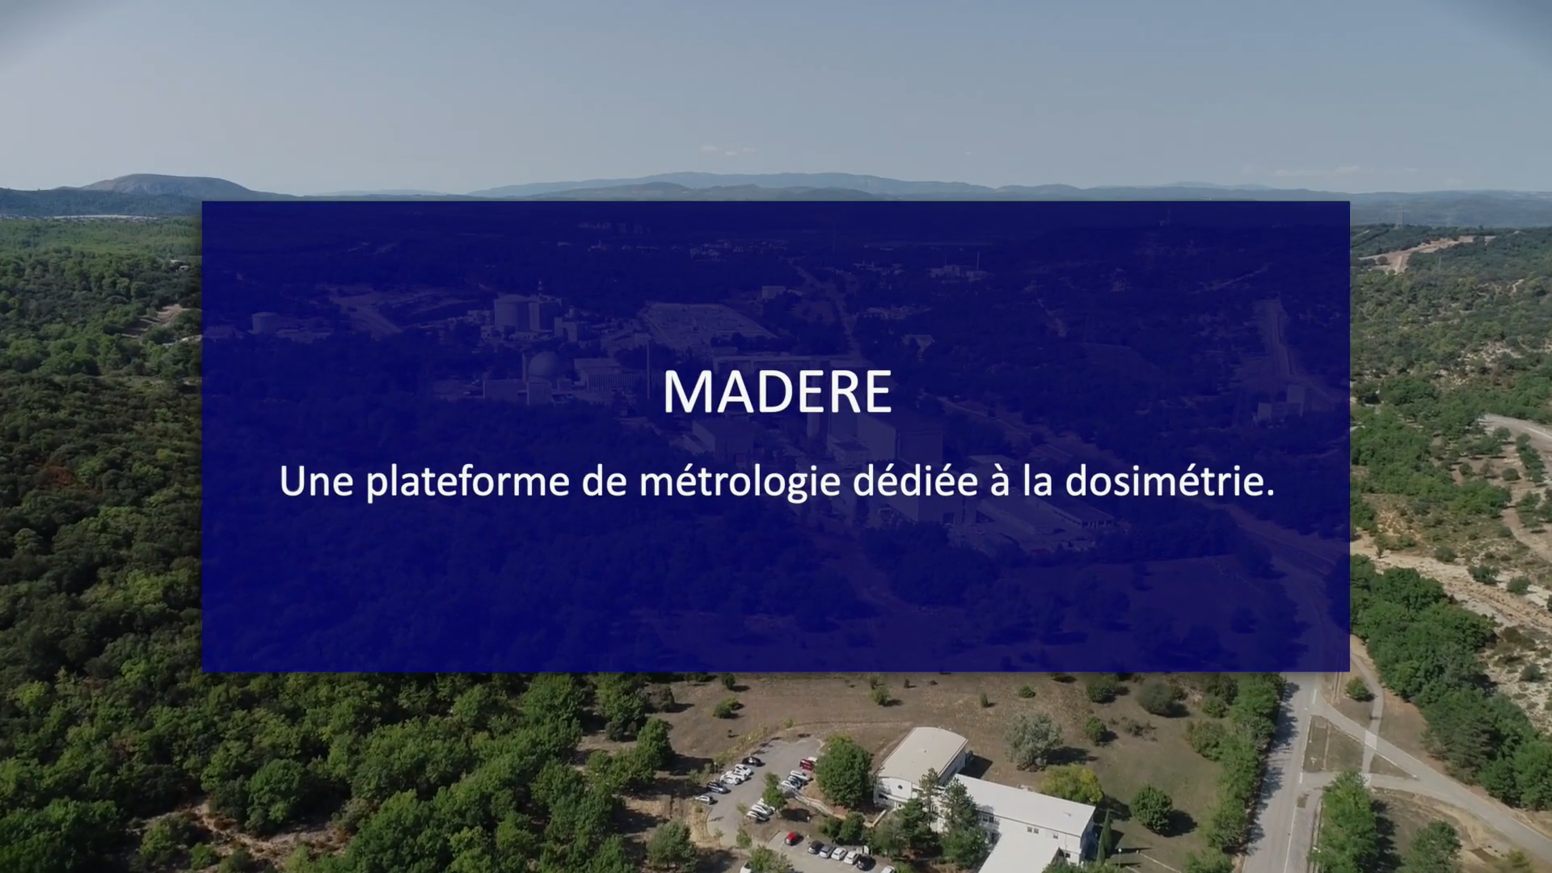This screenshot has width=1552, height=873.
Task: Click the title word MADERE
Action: click(x=777, y=392)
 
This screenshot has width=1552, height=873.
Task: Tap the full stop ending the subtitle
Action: click(x=1270, y=492)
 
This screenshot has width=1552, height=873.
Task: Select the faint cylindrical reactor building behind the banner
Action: click(x=512, y=313)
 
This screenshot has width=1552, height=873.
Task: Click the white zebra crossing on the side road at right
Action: click(x=1371, y=739)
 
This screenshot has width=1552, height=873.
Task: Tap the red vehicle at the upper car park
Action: click(x=807, y=763)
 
